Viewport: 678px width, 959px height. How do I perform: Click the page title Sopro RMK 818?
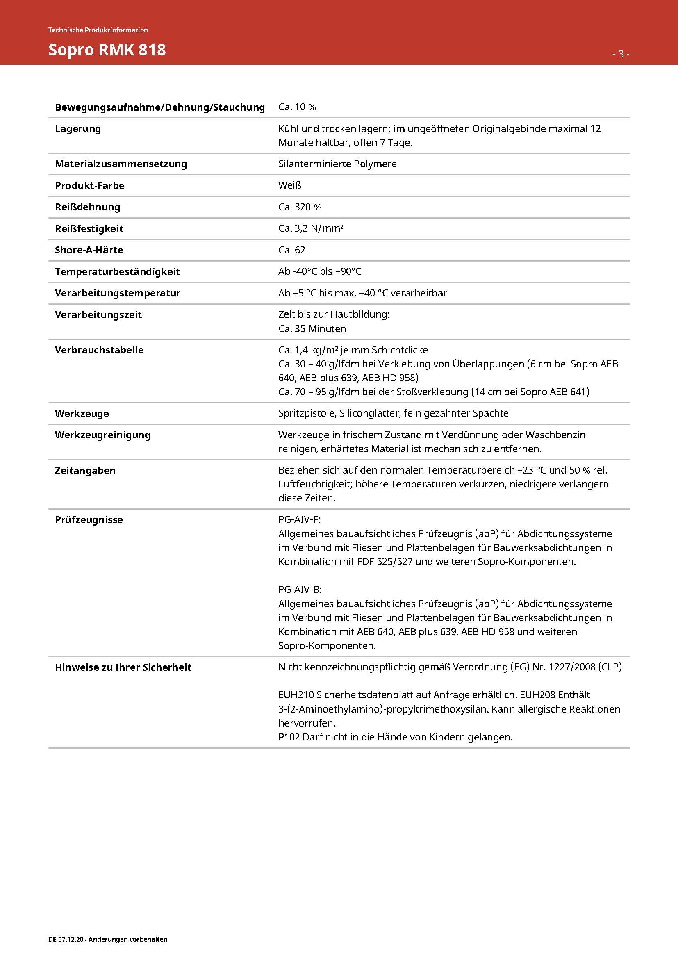(x=107, y=50)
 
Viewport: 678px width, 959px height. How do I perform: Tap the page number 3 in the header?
(x=621, y=54)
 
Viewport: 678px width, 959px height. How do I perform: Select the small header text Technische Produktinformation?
(x=98, y=30)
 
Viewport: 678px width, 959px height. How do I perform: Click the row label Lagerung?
(x=77, y=129)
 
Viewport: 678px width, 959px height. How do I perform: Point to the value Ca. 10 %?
(x=297, y=107)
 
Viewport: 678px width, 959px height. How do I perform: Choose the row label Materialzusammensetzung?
(x=121, y=164)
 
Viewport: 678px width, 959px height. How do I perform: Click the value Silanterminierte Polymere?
(x=337, y=164)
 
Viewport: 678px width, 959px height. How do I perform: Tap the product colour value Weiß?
(x=290, y=185)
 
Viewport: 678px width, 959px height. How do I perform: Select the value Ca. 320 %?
(x=300, y=207)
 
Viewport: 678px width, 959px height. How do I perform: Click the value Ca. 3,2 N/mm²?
(x=311, y=228)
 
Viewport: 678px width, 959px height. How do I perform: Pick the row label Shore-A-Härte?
(x=89, y=250)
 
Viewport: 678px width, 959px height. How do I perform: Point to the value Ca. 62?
(x=291, y=250)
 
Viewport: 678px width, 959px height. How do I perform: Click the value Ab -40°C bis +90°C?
(x=320, y=271)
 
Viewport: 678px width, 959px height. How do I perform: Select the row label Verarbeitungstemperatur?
(x=117, y=293)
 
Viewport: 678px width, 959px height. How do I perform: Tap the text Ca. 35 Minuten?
(x=312, y=329)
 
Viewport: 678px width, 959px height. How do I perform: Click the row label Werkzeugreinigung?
(x=102, y=435)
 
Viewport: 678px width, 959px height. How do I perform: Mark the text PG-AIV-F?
(x=299, y=519)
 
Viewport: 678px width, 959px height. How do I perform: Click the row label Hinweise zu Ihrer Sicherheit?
(x=123, y=667)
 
